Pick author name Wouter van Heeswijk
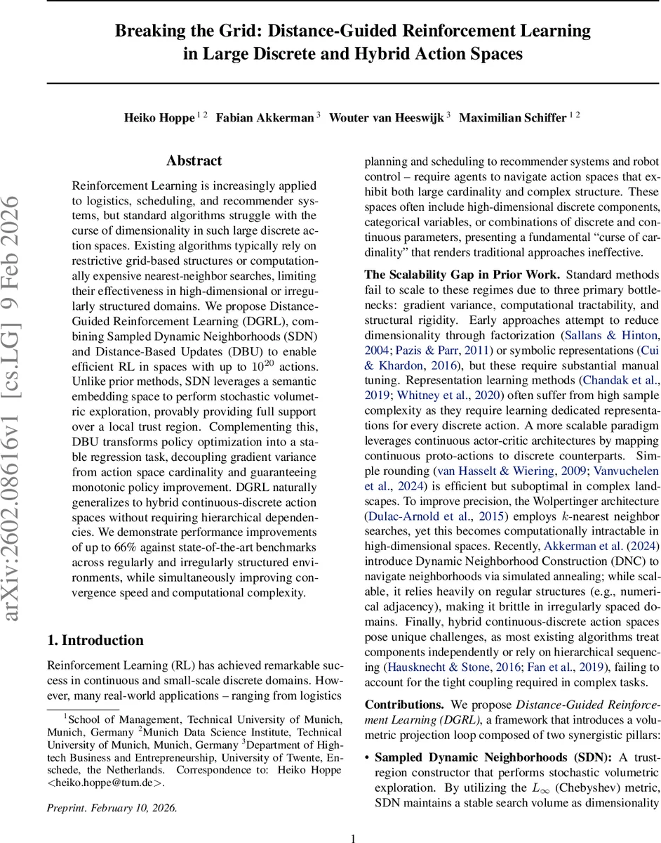[x=386, y=117]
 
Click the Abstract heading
[x=194, y=161]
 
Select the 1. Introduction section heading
[x=95, y=640]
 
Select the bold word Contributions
[x=404, y=704]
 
